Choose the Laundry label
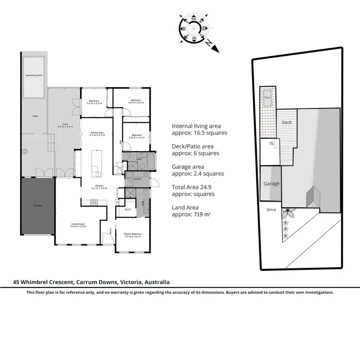pyautogui.click(x=136, y=179)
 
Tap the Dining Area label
pyautogui.click(x=97, y=132)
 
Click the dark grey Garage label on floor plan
pyautogui.click(x=37, y=205)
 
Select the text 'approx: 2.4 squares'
pyautogui.click(x=198, y=174)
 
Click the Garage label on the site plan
pyautogui.click(x=271, y=184)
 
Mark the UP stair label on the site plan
pyautogui.click(x=271, y=143)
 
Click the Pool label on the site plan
pyautogui.click(x=267, y=97)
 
